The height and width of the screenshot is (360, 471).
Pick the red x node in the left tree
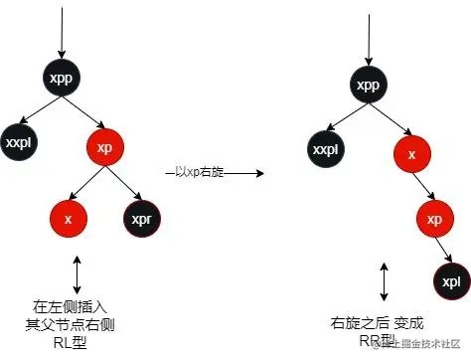[x=68, y=218]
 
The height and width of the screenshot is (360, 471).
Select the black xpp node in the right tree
[x=369, y=85]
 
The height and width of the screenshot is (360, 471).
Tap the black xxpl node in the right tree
[x=326, y=149]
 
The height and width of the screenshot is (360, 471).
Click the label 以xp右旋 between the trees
[x=199, y=172]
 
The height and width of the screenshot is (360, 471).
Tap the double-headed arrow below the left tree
[x=77, y=274]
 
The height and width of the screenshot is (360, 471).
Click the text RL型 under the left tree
[x=75, y=339]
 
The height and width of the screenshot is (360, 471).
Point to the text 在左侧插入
[x=75, y=307]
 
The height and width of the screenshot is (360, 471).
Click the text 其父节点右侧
[x=75, y=323]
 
